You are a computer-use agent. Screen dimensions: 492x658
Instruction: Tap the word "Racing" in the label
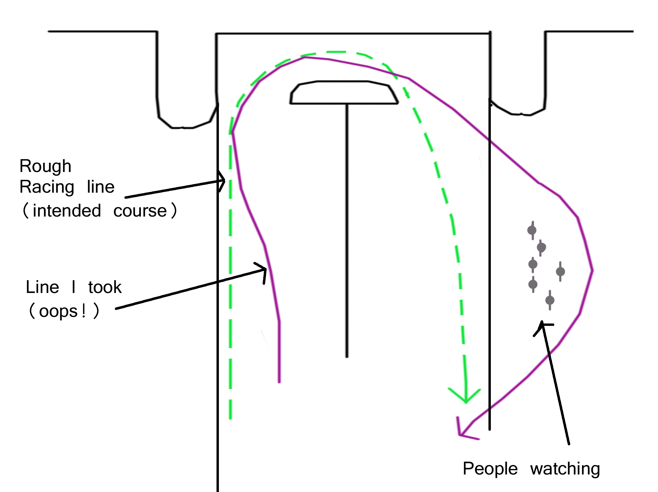click(47, 187)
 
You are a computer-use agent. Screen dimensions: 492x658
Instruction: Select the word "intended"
click(67, 211)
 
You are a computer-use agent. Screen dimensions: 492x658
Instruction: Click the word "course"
click(140, 211)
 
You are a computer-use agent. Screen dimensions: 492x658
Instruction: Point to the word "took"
click(105, 287)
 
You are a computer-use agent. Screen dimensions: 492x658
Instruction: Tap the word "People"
click(490, 469)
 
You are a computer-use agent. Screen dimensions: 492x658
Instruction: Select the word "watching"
click(565, 469)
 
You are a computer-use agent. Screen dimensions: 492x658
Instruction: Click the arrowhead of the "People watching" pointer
click(542, 325)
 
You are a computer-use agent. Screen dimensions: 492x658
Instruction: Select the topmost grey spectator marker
click(532, 230)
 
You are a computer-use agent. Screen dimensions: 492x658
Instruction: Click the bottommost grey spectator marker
click(550, 300)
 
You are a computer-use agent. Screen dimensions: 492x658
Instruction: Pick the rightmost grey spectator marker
click(560, 271)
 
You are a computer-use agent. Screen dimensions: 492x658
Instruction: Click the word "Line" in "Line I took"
click(42, 287)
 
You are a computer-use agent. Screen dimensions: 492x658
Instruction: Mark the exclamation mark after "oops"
click(84, 311)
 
